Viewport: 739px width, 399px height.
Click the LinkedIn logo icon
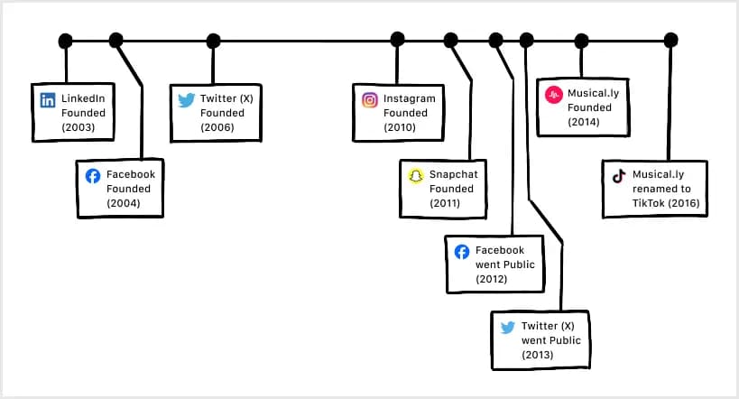(x=48, y=99)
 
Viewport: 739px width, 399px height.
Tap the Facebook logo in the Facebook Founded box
(x=92, y=176)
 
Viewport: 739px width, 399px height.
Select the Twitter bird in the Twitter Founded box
(x=187, y=99)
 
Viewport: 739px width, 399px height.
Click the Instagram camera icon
(x=370, y=100)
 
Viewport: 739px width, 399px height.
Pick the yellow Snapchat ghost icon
(x=415, y=176)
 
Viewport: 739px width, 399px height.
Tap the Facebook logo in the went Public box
(x=461, y=252)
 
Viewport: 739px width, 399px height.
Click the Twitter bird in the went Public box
(x=507, y=328)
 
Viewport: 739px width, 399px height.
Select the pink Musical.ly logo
(x=554, y=93)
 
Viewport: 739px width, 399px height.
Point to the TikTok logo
(x=619, y=176)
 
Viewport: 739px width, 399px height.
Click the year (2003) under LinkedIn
(x=78, y=128)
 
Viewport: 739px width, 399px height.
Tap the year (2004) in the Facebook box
(x=124, y=204)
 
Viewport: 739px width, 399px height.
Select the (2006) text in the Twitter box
(x=217, y=128)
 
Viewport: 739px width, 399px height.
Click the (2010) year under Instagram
(x=400, y=128)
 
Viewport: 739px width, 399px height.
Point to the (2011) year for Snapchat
(x=445, y=204)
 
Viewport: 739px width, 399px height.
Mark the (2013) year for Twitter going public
(x=538, y=356)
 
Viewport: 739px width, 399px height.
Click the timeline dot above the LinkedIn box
(x=65, y=41)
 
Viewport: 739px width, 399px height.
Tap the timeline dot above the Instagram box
(x=397, y=39)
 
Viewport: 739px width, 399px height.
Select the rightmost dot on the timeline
(x=670, y=41)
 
